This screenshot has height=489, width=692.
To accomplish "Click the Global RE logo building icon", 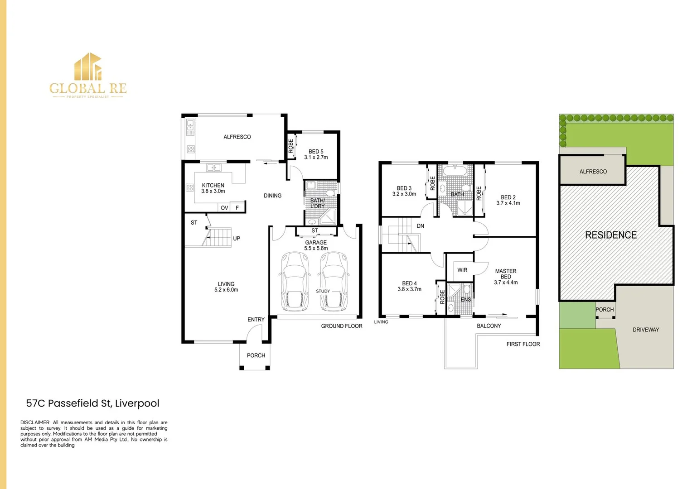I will [x=88, y=67].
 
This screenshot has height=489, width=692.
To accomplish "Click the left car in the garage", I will [x=295, y=282].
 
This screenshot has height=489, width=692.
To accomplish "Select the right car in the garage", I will [x=334, y=282].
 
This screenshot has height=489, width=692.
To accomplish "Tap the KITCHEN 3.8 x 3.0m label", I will [x=213, y=188].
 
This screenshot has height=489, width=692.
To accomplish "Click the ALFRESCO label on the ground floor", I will [x=237, y=137].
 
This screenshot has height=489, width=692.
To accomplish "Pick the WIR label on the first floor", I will [x=462, y=270].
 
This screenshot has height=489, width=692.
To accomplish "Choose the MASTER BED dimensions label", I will [x=506, y=283].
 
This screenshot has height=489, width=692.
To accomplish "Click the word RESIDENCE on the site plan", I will [x=610, y=235].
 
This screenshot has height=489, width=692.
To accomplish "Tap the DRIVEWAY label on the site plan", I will [x=645, y=330].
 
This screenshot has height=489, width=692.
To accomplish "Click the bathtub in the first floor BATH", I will [x=455, y=172].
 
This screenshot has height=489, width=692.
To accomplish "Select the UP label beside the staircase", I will [x=237, y=239].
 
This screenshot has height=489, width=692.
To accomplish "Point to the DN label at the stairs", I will [x=420, y=226].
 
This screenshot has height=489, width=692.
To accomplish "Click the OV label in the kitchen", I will [x=224, y=208].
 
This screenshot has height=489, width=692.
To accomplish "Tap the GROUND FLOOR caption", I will [x=341, y=326].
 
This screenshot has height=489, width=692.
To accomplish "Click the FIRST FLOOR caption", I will [x=523, y=344].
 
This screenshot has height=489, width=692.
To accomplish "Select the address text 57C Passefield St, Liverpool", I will [x=92, y=403].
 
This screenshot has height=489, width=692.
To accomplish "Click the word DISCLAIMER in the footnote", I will [x=35, y=422].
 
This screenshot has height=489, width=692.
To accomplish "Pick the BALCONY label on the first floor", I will [x=489, y=326].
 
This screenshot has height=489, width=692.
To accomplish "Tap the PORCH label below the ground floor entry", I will [x=256, y=355].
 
